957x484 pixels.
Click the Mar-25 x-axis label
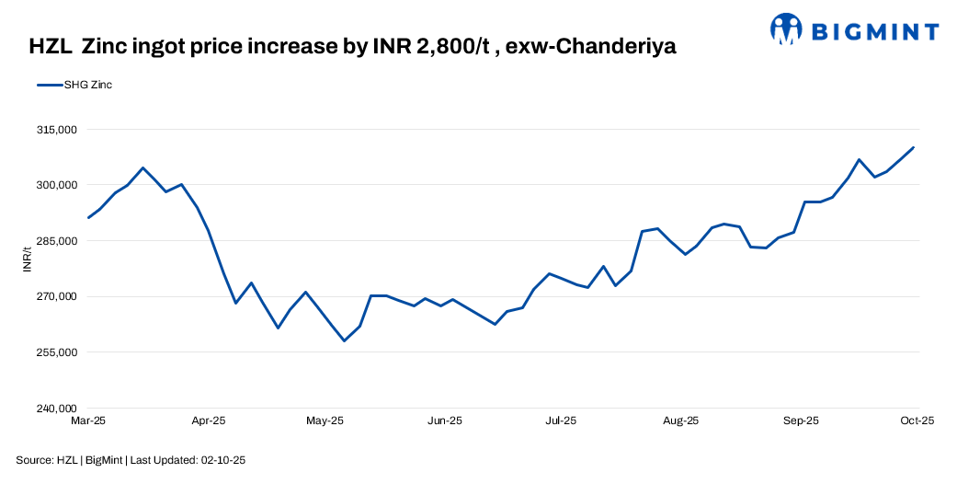pyautogui.click(x=88, y=421)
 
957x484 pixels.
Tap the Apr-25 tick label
pyautogui.click(x=208, y=421)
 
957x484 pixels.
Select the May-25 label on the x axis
pyautogui.click(x=324, y=421)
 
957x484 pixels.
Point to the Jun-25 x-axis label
pyautogui.click(x=444, y=421)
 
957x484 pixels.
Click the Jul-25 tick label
pyautogui.click(x=561, y=421)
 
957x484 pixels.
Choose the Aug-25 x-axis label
pyautogui.click(x=680, y=421)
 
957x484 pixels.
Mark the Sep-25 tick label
pyautogui.click(x=801, y=421)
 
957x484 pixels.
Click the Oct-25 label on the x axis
pyautogui.click(x=917, y=421)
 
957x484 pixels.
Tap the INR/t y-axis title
pyautogui.click(x=28, y=259)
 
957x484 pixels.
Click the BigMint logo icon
pyautogui.click(x=787, y=29)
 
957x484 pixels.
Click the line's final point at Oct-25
pyautogui.click(x=914, y=147)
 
